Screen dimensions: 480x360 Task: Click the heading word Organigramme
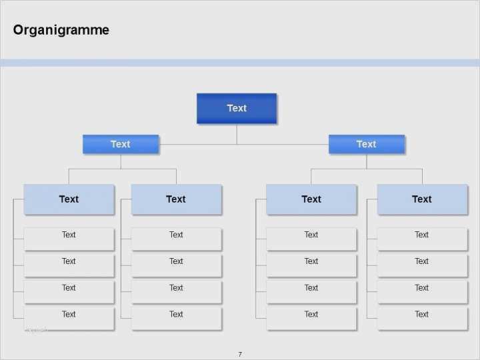(61, 30)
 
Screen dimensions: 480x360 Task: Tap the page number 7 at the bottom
(240, 354)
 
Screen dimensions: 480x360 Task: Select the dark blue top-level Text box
(237, 109)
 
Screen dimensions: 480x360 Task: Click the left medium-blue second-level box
(121, 144)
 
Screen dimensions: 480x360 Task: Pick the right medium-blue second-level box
(367, 144)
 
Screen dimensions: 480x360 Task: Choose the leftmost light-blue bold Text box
(69, 199)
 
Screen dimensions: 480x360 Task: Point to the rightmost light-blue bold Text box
(422, 199)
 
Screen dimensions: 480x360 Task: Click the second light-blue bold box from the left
(176, 199)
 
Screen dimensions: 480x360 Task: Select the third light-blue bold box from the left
(311, 199)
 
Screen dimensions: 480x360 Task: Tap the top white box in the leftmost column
(69, 239)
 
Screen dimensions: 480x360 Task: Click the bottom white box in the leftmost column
(69, 319)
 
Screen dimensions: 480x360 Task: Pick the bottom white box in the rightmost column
(423, 319)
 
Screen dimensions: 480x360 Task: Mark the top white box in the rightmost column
(423, 239)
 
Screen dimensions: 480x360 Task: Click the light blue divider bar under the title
(240, 63)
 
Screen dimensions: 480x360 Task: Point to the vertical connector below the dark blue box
(237, 134)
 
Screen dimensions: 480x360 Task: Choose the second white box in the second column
(176, 266)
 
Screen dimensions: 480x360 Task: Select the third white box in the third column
(311, 292)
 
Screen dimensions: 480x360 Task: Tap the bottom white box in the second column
(176, 319)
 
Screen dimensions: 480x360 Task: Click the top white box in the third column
(311, 239)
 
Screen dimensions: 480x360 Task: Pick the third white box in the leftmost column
(69, 292)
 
